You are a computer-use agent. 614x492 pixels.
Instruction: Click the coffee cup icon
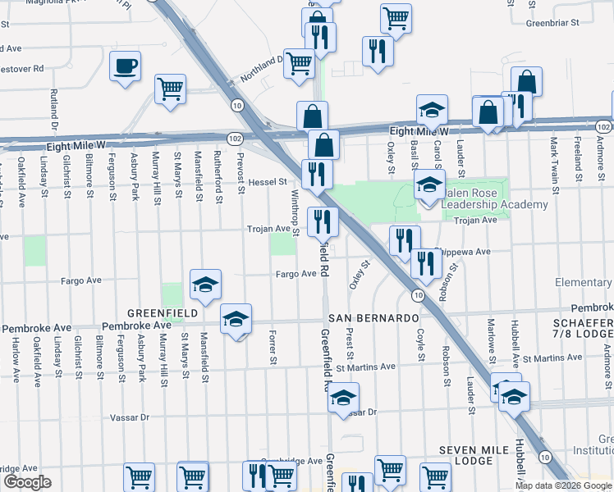[x=125, y=66]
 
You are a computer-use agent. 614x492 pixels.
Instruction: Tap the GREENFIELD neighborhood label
[x=162, y=314]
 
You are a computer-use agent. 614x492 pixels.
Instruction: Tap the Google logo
[x=27, y=482]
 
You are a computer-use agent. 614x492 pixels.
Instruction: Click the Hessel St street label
[x=268, y=181]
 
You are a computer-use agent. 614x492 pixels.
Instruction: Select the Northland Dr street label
[x=261, y=69]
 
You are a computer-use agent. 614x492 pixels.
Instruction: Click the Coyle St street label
[x=419, y=345]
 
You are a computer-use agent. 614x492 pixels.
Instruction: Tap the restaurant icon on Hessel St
[x=314, y=174]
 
